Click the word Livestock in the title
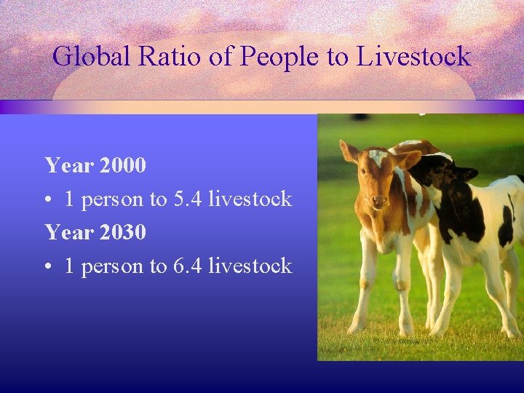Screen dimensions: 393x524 tap(414, 56)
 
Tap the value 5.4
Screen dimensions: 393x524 tap(188, 199)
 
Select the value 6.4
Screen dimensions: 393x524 tap(188, 266)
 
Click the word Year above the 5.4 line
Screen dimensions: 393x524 tap(68, 165)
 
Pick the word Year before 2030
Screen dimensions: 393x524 tap(68, 232)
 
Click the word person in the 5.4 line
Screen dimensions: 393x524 tap(112, 199)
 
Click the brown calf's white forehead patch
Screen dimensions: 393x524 tap(378, 156)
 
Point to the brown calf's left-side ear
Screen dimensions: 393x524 tap(349, 151)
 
